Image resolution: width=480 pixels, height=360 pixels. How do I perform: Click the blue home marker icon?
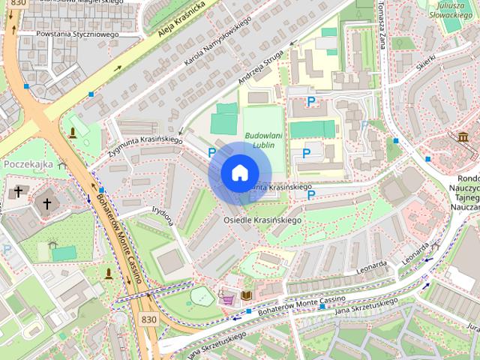pyautogui.click(x=238, y=173)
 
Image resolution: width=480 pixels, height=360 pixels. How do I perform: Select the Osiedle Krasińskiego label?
pyautogui.click(x=262, y=220)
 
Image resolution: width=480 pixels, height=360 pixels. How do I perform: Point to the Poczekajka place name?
pyautogui.click(x=28, y=163)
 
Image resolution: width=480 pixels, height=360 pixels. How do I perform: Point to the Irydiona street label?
pyautogui.click(x=163, y=216)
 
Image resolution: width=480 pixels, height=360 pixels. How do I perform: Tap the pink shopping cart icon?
pyautogui.click(x=226, y=298)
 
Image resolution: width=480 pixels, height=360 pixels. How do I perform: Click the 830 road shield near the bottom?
pyautogui.click(x=148, y=319)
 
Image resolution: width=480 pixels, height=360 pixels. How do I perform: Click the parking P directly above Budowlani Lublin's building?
pyautogui.click(x=310, y=101)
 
